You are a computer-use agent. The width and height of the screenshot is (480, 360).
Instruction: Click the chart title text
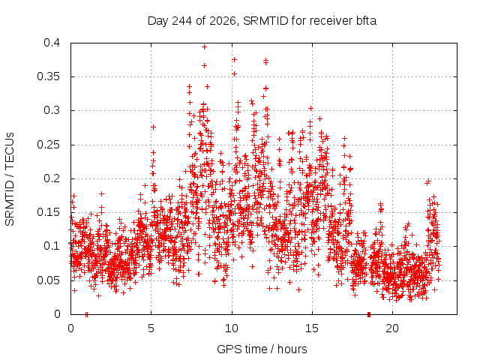[x=262, y=21]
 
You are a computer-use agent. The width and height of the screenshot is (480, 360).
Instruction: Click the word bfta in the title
[x=366, y=21]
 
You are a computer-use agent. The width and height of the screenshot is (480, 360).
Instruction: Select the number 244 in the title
[x=181, y=21]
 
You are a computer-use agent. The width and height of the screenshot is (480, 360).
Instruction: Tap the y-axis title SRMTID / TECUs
[x=10, y=179]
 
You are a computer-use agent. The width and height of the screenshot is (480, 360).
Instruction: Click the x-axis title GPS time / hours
[x=262, y=349]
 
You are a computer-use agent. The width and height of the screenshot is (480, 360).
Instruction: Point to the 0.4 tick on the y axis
[x=52, y=43]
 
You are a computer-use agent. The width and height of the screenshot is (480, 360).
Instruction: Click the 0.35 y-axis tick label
[x=48, y=76]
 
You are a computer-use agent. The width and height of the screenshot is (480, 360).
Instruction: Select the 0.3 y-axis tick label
[x=52, y=110]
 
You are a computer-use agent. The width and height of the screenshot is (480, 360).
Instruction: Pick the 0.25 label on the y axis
[x=48, y=145]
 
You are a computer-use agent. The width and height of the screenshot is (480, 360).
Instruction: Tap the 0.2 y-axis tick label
[x=52, y=178]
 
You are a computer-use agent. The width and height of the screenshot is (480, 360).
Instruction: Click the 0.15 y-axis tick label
[x=48, y=212]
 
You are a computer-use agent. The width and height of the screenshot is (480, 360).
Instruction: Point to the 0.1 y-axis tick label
[x=52, y=246]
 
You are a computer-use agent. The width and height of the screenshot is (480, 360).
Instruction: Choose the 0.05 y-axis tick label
[x=48, y=280]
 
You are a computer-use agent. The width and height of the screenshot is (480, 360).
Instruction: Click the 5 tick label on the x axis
[x=151, y=328]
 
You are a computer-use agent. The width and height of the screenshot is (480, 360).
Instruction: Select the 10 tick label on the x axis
[x=232, y=328]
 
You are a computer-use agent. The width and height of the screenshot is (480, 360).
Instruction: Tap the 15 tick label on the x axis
[x=312, y=328]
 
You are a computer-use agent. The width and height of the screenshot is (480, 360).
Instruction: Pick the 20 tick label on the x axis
[x=392, y=328]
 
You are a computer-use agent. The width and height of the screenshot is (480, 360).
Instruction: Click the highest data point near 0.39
[x=205, y=46]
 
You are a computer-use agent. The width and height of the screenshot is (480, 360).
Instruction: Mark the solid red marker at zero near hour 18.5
[x=369, y=314]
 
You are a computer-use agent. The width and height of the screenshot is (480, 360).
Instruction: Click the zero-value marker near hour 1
[x=87, y=314]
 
